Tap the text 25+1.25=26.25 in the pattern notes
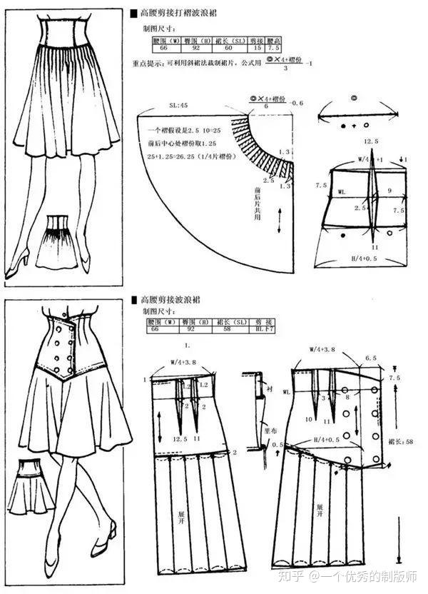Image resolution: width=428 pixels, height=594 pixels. click(x=184, y=156)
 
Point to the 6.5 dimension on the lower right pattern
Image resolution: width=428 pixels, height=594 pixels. click(x=370, y=357)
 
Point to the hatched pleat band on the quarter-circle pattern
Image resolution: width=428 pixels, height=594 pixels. click(x=270, y=148)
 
